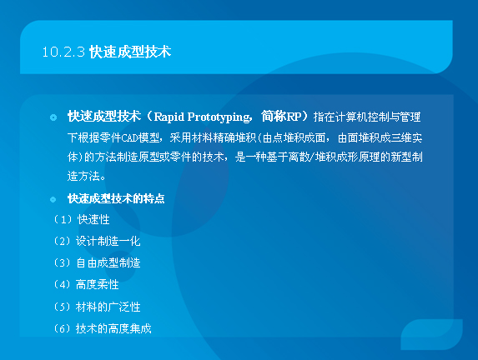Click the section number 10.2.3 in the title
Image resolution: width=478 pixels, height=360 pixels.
(x=63, y=52)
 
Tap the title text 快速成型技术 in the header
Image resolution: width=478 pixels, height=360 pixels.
(x=130, y=52)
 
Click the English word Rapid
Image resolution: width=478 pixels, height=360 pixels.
(x=169, y=117)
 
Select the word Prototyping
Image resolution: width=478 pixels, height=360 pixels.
(x=219, y=117)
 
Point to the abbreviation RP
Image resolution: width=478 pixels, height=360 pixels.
(x=294, y=117)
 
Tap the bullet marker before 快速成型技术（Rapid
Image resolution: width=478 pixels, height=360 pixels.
(x=53, y=117)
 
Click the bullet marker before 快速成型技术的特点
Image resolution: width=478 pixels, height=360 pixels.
(x=53, y=199)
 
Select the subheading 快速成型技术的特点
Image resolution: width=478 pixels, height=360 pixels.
(x=116, y=198)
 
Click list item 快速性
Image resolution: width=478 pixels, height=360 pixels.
(x=93, y=219)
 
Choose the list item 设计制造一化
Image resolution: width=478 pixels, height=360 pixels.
(x=108, y=241)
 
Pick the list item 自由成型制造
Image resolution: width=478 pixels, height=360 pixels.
(x=108, y=262)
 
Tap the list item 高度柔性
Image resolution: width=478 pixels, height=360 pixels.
(x=97, y=285)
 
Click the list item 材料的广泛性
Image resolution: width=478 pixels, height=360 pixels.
(x=108, y=307)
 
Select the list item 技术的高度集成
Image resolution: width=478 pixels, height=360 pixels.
(x=113, y=328)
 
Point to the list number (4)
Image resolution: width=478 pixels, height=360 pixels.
(x=63, y=285)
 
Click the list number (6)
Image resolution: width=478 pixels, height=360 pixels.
(x=63, y=328)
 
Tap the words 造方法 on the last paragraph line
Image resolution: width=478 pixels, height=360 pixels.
(x=83, y=176)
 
